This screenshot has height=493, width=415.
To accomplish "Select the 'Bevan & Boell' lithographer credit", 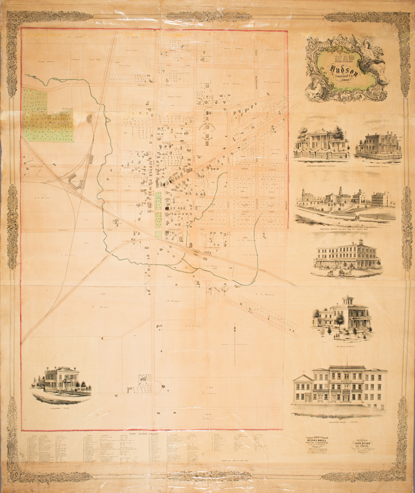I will [318, 441].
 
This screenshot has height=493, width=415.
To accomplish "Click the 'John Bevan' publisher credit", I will [362, 443].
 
